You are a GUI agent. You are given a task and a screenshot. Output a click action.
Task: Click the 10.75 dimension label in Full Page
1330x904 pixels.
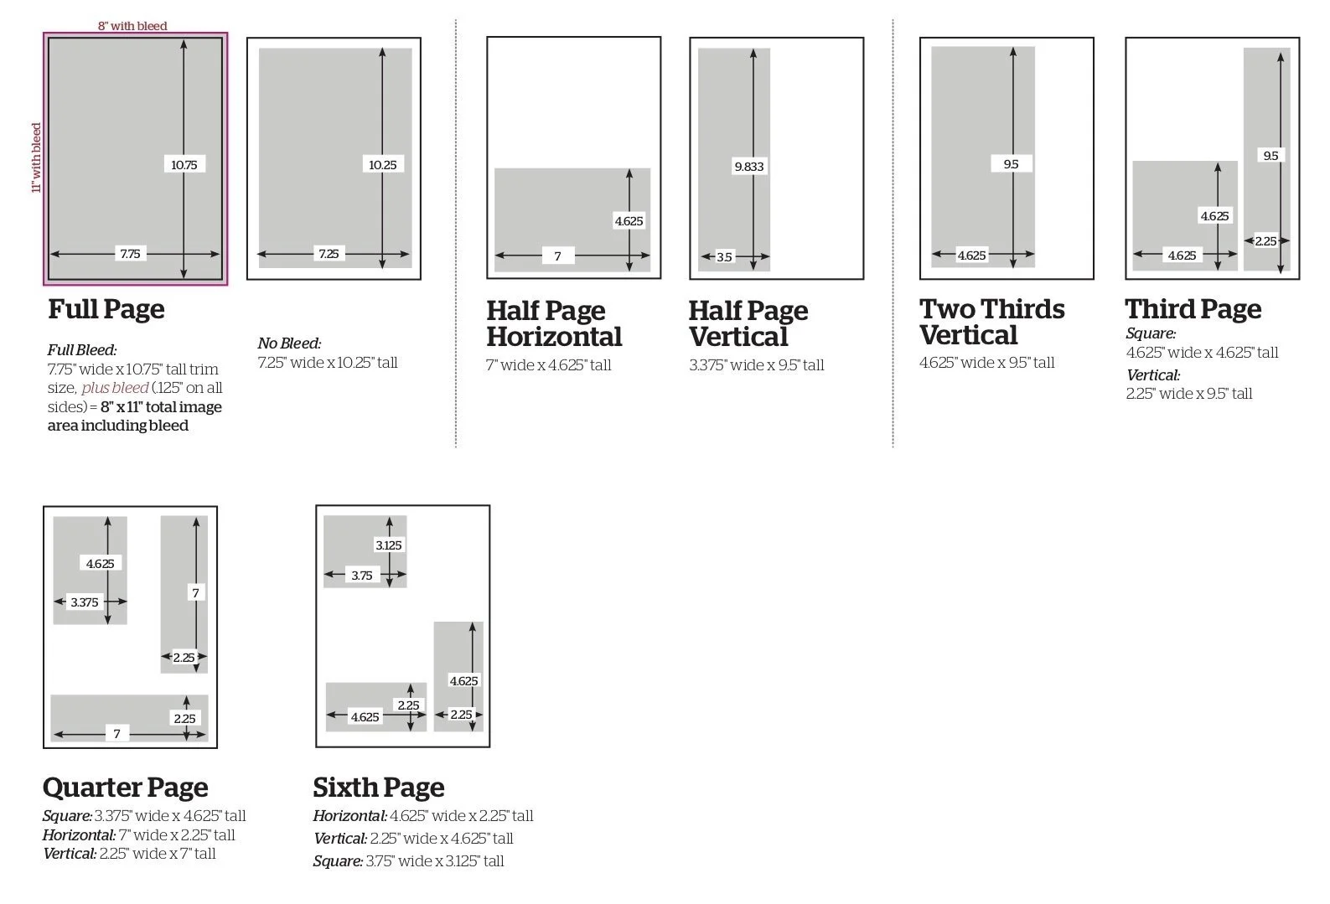coord(184,165)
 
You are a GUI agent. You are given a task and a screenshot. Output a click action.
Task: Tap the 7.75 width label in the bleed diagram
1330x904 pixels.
coord(130,254)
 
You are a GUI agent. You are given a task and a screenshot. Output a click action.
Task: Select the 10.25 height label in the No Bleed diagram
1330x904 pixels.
coord(382,165)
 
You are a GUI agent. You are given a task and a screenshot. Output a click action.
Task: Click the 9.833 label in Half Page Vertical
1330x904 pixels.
coord(748,167)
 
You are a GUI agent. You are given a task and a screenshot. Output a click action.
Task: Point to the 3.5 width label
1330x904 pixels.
coord(724,257)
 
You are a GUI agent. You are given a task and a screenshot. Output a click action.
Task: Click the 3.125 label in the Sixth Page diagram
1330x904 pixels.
coord(388,545)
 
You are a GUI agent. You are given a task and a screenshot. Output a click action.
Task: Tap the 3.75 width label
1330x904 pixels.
coord(362,576)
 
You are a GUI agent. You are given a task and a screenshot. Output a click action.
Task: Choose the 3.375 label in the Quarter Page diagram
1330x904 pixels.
coord(84,602)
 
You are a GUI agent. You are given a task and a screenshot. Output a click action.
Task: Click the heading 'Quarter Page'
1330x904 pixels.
coord(125,788)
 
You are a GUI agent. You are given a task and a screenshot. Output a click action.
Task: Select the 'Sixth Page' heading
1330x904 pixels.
coord(378,788)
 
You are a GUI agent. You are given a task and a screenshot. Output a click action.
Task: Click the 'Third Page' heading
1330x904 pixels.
coord(1193,309)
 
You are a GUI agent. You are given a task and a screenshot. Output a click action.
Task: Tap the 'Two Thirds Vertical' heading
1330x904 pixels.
coord(991,322)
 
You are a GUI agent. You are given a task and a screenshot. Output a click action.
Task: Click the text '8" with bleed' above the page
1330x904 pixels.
coord(132,26)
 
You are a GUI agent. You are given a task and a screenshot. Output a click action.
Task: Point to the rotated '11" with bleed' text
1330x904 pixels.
coord(36,158)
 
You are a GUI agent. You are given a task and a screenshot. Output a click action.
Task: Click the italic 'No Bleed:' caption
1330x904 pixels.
coord(289,344)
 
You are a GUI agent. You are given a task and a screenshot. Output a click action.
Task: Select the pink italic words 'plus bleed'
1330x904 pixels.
coord(115,388)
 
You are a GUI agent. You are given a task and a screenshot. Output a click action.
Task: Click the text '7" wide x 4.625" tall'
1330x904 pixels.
coord(549,365)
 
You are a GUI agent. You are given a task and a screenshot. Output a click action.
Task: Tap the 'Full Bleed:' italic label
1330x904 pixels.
coord(82,350)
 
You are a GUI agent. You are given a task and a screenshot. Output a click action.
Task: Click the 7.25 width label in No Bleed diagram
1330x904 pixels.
coord(329,254)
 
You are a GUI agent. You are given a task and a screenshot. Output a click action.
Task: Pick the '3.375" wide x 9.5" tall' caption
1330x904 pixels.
coord(756,365)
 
